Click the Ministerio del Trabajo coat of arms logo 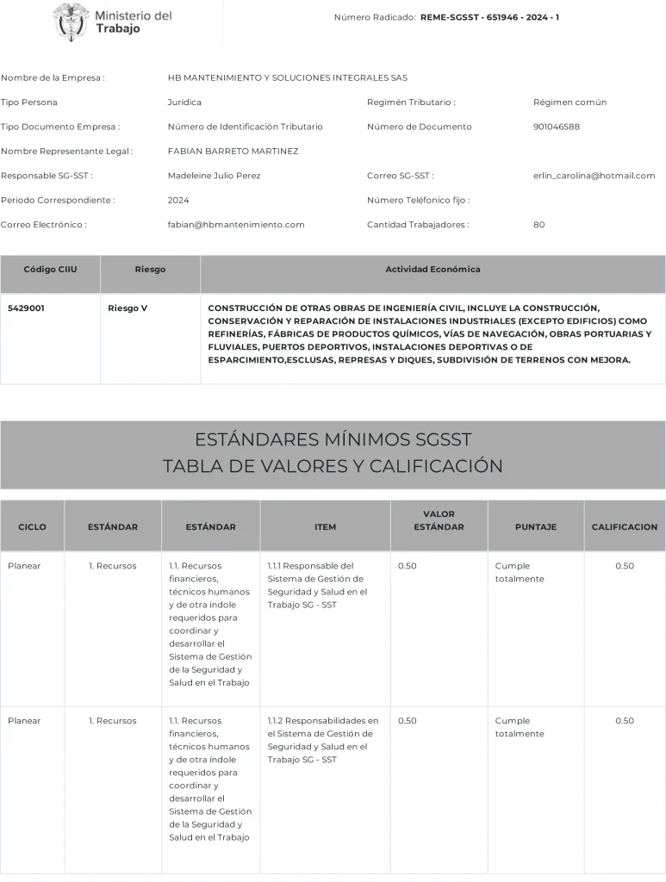tap(71, 22)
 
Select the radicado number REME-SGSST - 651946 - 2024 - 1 tap(489, 17)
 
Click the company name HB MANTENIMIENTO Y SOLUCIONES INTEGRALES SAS tap(287, 78)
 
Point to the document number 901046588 tap(557, 127)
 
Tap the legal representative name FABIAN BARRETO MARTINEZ tap(233, 151)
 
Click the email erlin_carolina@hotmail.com tap(594, 176)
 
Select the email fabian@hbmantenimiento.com tap(236, 225)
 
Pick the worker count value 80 tap(539, 225)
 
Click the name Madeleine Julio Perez tap(214, 176)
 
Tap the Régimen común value tap(570, 102)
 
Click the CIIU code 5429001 tap(26, 307)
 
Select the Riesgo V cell tap(128, 307)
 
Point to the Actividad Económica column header tap(433, 270)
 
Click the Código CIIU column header tap(50, 270)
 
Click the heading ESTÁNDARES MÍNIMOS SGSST tap(333, 439)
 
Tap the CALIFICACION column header tap(624, 526)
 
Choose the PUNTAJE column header tap(535, 526)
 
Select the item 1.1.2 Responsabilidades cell tap(322, 740)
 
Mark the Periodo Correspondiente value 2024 tap(178, 200)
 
